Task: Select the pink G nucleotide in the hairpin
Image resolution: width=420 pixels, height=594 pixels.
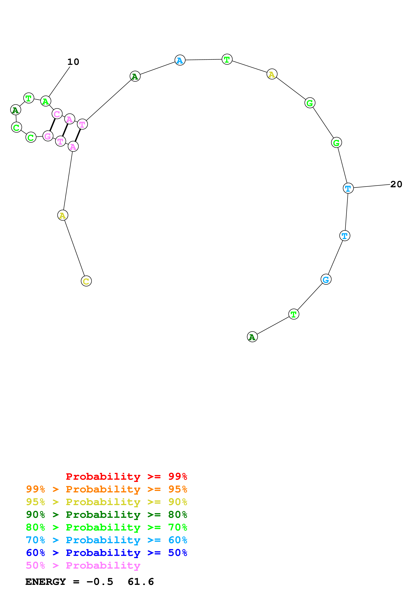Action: coord(48,136)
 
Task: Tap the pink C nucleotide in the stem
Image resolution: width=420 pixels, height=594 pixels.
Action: coord(57,114)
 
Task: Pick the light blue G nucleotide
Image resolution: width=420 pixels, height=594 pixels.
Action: coord(326,279)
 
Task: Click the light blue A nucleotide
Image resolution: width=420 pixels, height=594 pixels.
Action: coord(180,60)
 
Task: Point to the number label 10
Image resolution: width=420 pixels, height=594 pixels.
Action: coord(73,62)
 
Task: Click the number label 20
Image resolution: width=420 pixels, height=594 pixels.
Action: coord(396,184)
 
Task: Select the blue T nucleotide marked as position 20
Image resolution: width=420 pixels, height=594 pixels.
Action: coord(348,188)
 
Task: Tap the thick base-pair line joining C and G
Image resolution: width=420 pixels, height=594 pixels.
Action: coord(53,125)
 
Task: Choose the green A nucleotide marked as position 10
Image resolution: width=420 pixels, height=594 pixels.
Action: coord(46,101)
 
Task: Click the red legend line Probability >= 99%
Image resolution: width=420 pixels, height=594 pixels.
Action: coord(126,476)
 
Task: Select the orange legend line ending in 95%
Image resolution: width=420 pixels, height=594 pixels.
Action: coord(106,489)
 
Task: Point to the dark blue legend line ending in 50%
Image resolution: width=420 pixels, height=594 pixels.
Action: coord(106,553)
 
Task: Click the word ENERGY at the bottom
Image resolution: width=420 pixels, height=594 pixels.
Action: coord(46,582)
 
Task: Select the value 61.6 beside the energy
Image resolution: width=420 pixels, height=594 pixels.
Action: coord(141,582)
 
